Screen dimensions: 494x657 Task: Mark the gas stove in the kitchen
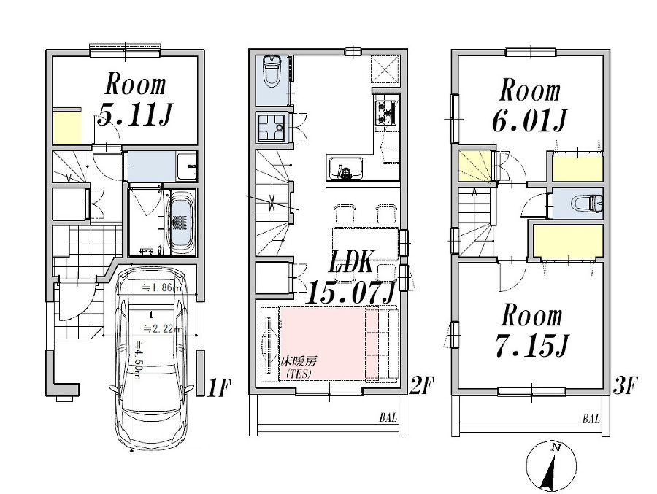(386, 112)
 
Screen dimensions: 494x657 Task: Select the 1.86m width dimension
(159, 288)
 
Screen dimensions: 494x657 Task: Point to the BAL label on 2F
(388, 419)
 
